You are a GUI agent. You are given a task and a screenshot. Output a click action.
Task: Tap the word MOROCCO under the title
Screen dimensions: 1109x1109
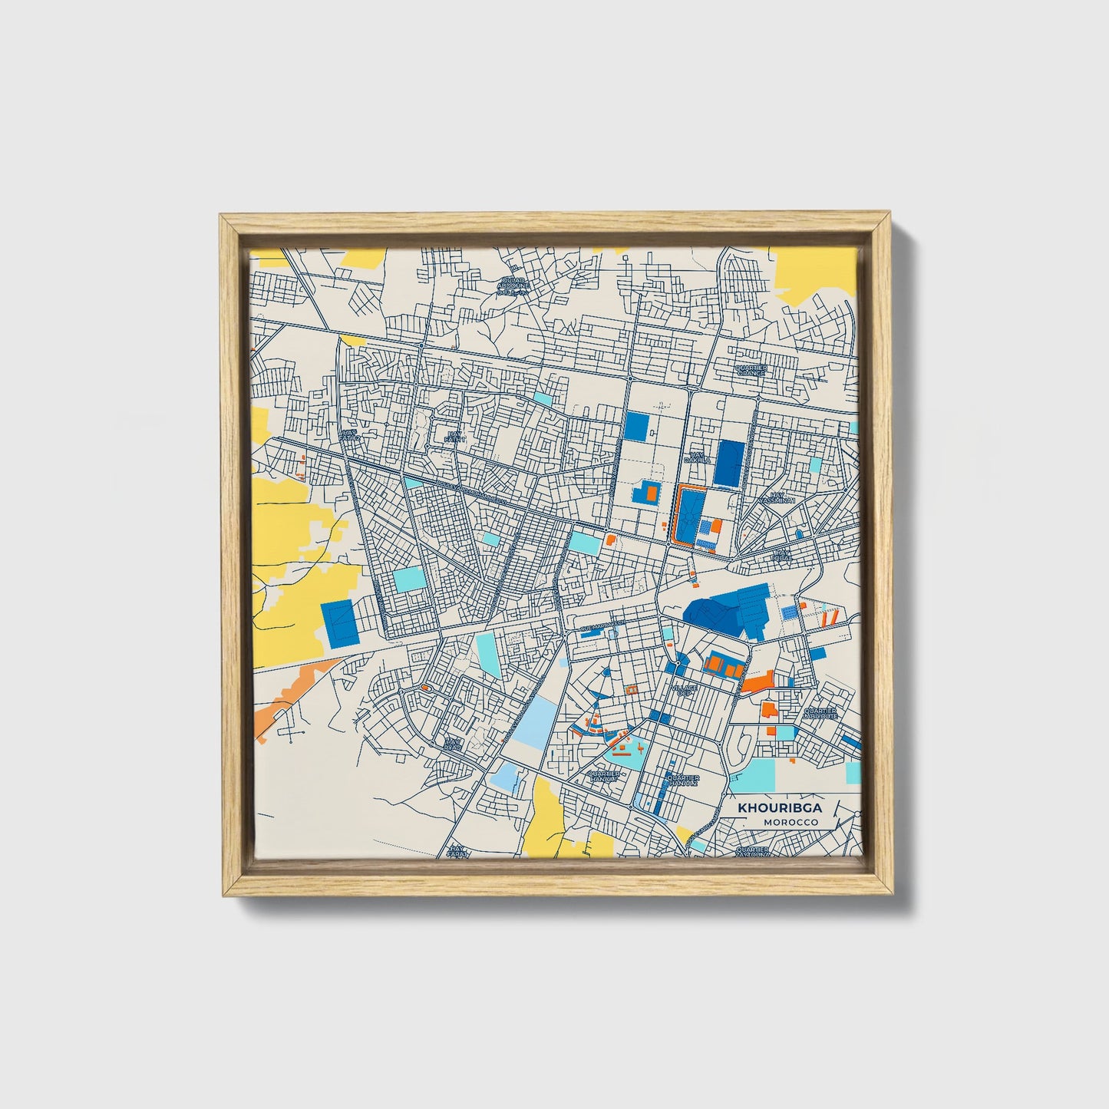(x=790, y=823)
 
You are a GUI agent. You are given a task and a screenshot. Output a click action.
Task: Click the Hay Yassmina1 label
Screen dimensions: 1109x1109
(x=778, y=498)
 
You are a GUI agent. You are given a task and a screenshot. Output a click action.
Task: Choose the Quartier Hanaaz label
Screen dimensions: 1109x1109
(x=682, y=780)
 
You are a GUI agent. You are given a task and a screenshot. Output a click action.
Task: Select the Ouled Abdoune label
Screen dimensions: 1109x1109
(x=512, y=286)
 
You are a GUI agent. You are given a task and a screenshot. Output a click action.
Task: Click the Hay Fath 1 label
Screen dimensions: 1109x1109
(x=456, y=437)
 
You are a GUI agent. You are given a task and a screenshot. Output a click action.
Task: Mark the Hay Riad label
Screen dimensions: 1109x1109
(x=453, y=744)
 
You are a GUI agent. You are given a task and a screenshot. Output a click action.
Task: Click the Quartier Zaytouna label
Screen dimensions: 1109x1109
(x=752, y=852)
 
